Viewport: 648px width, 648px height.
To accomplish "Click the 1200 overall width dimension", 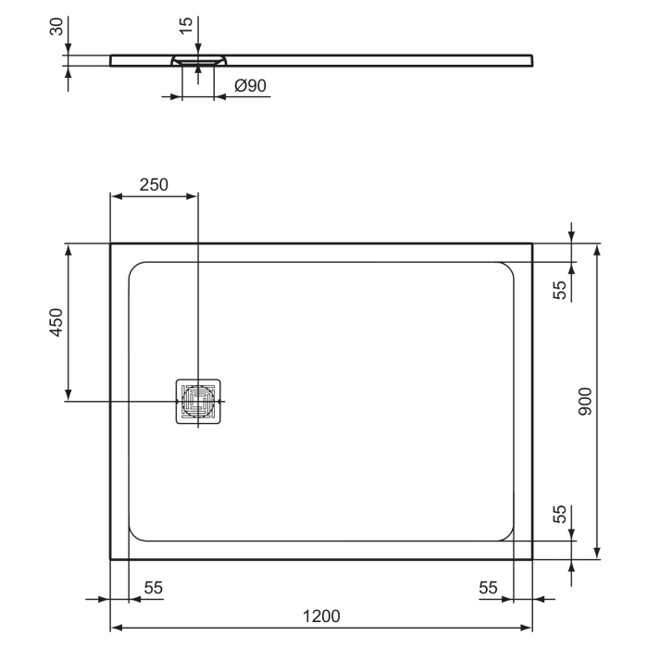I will point(320,616).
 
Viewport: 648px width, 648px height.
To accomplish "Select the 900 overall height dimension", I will point(583,401).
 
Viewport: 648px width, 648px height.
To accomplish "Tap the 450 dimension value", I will point(55,322).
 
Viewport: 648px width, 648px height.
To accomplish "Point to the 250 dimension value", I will point(153,183).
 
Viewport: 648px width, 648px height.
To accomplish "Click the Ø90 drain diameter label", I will point(250,85).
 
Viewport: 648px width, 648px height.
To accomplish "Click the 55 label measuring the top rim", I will point(559,289).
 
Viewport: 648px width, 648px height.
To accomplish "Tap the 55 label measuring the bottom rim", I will point(559,516).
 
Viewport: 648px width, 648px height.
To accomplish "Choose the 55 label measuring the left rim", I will point(153,587).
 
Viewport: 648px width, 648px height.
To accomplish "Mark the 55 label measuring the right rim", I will point(490,587).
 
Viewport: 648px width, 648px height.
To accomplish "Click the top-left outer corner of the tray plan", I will point(111,244).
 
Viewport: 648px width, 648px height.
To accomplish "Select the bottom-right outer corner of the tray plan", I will point(532,560).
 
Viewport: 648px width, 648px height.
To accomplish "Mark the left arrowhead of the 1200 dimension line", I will point(116,627).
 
